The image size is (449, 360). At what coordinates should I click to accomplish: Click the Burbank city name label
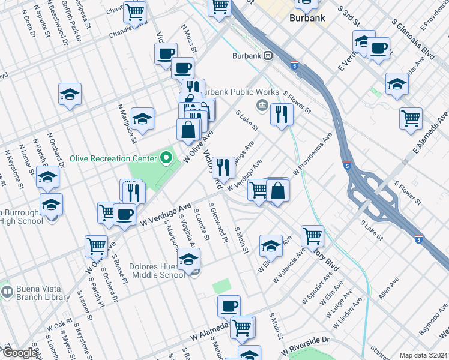(307, 18)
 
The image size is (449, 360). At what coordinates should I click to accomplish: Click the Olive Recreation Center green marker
(167, 159)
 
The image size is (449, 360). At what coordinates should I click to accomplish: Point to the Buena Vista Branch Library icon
(7, 293)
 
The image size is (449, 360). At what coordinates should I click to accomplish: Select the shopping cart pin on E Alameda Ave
(411, 118)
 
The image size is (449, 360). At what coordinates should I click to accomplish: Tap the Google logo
(19, 353)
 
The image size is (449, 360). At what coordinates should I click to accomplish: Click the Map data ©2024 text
(423, 355)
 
